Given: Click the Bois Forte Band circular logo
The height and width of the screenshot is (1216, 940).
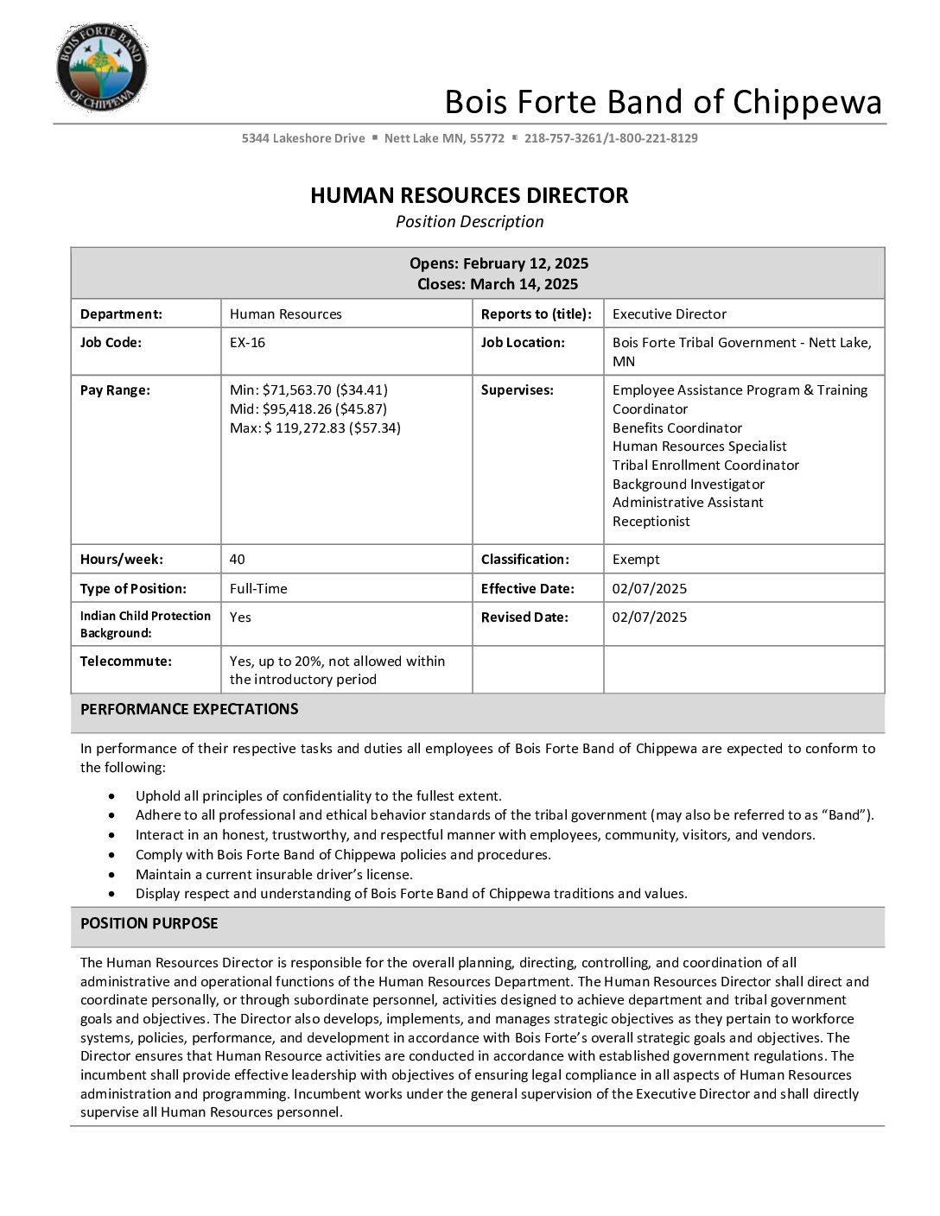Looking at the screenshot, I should [102, 68].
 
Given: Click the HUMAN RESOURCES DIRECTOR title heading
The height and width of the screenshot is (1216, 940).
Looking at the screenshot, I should [469, 195].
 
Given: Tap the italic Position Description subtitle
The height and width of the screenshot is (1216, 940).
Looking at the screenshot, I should [469, 222].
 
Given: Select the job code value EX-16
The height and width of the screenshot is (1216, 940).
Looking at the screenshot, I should [247, 343].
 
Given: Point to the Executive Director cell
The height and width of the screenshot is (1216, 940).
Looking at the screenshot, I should [669, 314].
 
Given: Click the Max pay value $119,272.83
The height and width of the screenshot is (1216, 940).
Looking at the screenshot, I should [314, 427].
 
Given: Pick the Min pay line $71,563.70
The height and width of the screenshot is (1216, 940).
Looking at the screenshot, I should [308, 390].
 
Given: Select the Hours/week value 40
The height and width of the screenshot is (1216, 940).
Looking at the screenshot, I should [238, 560].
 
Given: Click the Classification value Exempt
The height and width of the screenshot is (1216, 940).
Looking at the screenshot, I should [635, 560].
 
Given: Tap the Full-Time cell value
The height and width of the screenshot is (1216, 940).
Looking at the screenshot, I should [258, 589].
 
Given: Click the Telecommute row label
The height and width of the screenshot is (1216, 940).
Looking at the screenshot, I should [125, 662].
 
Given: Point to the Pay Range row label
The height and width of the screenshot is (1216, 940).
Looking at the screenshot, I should [115, 390].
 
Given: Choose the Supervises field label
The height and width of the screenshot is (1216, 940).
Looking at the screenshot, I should [517, 390].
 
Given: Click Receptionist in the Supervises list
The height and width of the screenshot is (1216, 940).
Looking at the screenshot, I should [651, 522].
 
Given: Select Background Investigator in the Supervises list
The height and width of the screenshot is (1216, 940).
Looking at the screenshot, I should [688, 484].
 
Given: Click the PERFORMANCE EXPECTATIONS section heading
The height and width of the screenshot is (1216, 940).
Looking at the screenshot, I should [189, 709].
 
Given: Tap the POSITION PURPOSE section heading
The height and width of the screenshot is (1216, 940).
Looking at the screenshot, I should [149, 923].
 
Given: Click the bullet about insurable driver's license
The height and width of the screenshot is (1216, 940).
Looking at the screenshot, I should [274, 874].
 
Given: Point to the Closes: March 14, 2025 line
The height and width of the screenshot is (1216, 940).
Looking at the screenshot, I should [498, 284].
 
